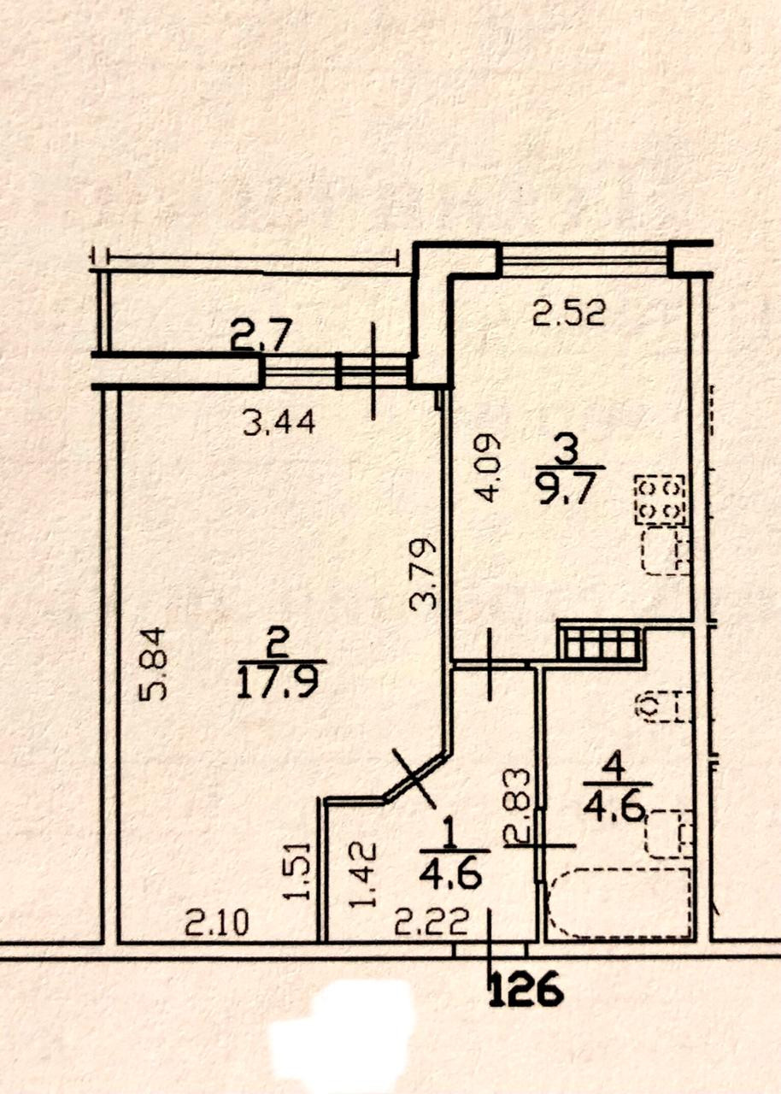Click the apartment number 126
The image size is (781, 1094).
coord(526,990)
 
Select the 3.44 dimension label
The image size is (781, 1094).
coord(279,421)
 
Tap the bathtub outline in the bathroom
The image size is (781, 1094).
coord(620,903)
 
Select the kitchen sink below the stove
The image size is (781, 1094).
coord(666,551)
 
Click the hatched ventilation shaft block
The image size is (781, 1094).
coord(600,642)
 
